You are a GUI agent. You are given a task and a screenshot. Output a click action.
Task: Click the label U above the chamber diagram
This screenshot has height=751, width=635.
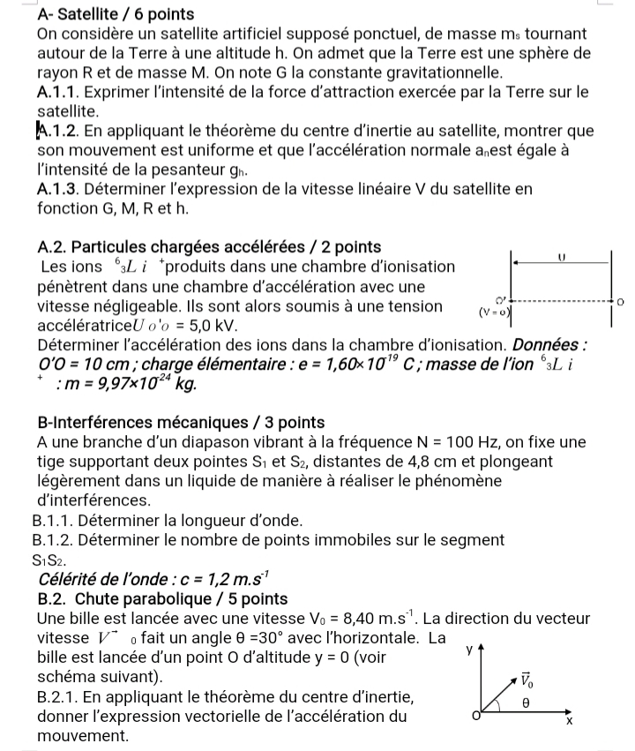pyautogui.click(x=560, y=253)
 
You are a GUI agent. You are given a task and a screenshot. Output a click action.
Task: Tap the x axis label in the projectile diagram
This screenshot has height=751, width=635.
pyautogui.click(x=569, y=721)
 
